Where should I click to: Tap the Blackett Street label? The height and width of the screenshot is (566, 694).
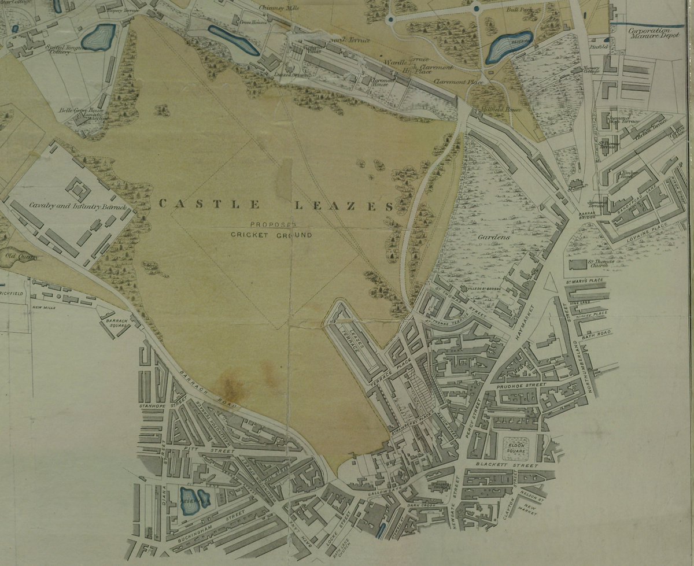click(499, 465)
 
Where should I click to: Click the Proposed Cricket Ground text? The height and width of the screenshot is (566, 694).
click(271, 230)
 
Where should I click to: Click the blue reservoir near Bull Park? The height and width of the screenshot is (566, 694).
click(508, 47)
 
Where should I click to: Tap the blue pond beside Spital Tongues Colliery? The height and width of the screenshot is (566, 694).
click(98, 38)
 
